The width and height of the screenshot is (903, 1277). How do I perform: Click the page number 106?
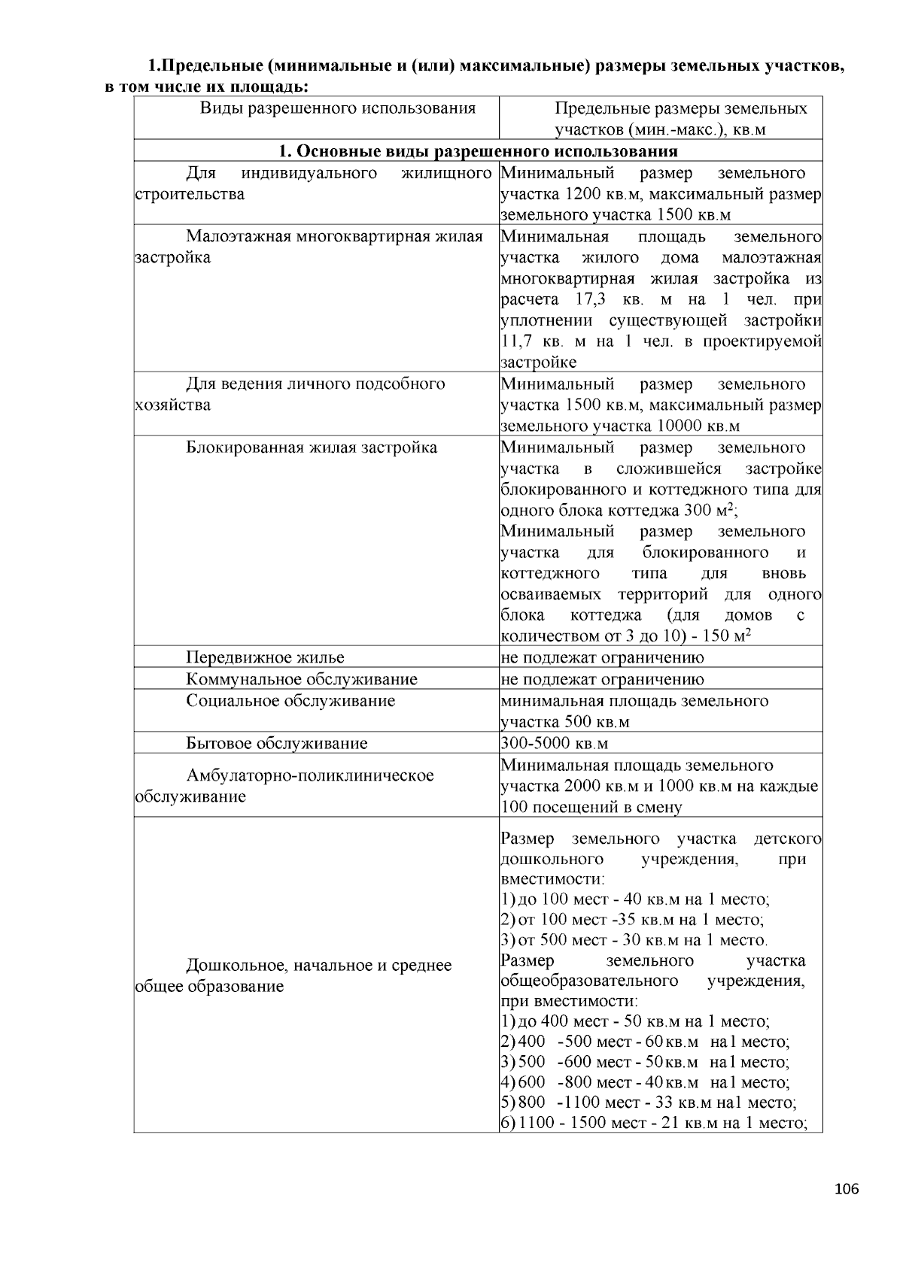coord(847,1189)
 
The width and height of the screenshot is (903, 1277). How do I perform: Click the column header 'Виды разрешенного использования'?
coord(338,108)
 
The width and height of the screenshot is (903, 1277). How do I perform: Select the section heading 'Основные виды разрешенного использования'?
coord(478,151)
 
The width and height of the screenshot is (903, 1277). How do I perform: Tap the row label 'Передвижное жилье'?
coord(265,657)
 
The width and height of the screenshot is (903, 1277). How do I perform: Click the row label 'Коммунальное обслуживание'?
coord(302,679)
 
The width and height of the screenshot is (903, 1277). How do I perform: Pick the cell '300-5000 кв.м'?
coord(555,744)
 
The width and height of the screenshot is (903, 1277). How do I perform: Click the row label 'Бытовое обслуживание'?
coord(277,744)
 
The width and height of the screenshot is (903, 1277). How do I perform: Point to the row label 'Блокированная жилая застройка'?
coord(312,447)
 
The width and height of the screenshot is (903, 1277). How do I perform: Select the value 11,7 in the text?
coord(516,341)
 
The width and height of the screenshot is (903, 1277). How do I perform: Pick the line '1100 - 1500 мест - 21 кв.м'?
coord(653,1123)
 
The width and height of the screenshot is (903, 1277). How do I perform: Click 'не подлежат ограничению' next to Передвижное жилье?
coord(603,657)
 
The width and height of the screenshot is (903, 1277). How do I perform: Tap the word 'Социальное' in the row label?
coord(232,701)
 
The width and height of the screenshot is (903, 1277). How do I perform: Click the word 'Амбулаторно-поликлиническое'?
coord(310,775)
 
